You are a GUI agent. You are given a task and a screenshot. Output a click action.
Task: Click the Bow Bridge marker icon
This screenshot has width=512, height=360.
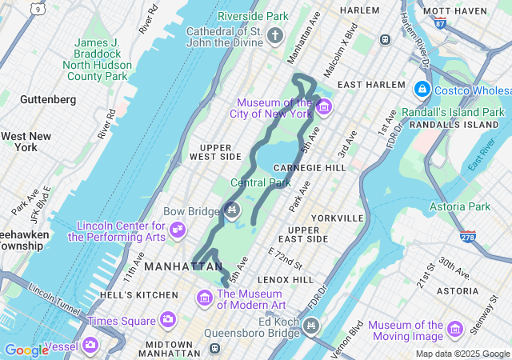coord(232,210)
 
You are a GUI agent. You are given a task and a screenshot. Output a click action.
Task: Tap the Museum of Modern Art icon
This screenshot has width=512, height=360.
coord(204,298)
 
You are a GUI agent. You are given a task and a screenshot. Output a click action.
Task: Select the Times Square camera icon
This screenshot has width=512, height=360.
coord(168,320)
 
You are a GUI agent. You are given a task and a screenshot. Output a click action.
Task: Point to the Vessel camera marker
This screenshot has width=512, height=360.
coord(90,345)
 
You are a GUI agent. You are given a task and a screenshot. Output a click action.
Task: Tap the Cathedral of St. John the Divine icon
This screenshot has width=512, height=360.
coord(275,36)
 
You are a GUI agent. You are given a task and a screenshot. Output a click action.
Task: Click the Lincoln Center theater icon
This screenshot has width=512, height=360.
coord(178,231)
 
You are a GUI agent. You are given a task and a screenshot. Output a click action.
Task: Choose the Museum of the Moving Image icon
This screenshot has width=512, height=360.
coord(455,329)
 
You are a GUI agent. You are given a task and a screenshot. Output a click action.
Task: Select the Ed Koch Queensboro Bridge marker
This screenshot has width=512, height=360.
coord(311,325)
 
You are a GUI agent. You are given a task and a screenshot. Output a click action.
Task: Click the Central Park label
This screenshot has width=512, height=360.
coord(260,182)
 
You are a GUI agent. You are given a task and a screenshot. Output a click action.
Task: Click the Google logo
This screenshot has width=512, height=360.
coord(26,350)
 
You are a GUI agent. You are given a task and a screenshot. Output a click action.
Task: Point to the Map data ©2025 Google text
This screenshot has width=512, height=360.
coord(462,354)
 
